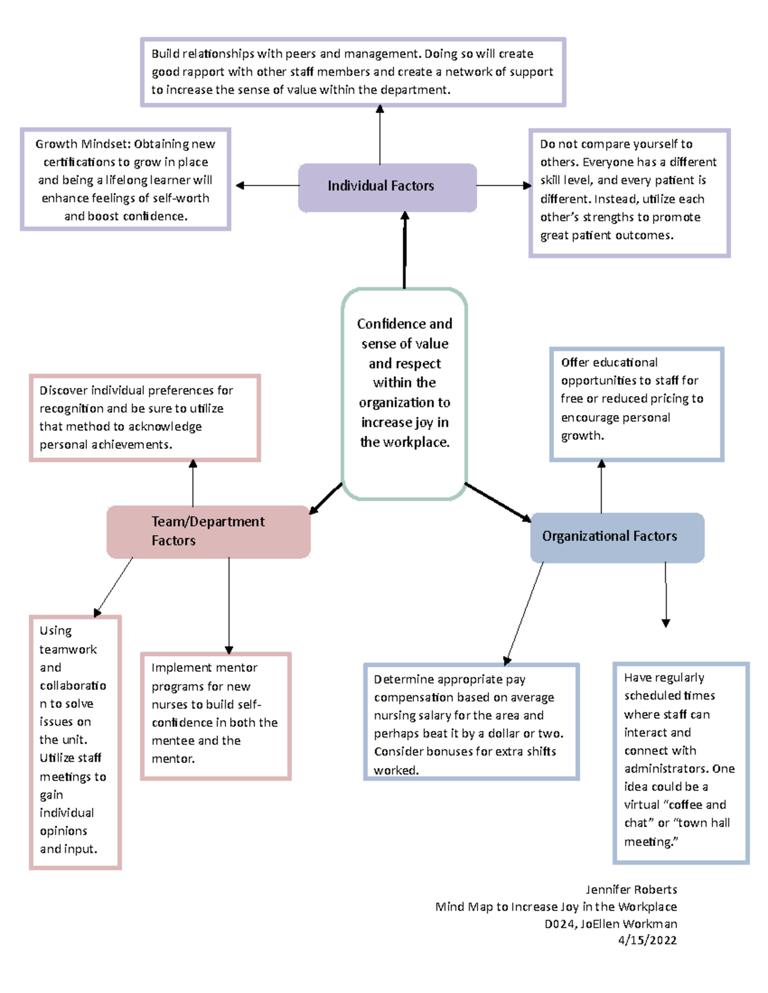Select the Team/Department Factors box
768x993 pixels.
click(208, 531)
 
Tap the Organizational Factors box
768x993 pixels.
click(617, 537)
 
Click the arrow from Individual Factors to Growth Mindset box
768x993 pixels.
click(267, 185)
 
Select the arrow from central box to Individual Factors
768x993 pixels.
click(404, 251)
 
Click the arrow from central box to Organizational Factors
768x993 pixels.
click(498, 503)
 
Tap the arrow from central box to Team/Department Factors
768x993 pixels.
click(326, 498)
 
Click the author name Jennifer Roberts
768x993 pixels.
click(631, 889)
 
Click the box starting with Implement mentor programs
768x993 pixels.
click(216, 715)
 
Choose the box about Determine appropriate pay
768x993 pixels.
click(471, 722)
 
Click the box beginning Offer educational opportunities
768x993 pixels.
click(636, 404)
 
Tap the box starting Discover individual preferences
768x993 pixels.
click(145, 418)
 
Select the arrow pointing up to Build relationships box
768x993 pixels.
click(380, 135)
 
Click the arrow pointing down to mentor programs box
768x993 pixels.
click(229, 605)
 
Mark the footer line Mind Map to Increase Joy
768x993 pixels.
click(556, 907)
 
